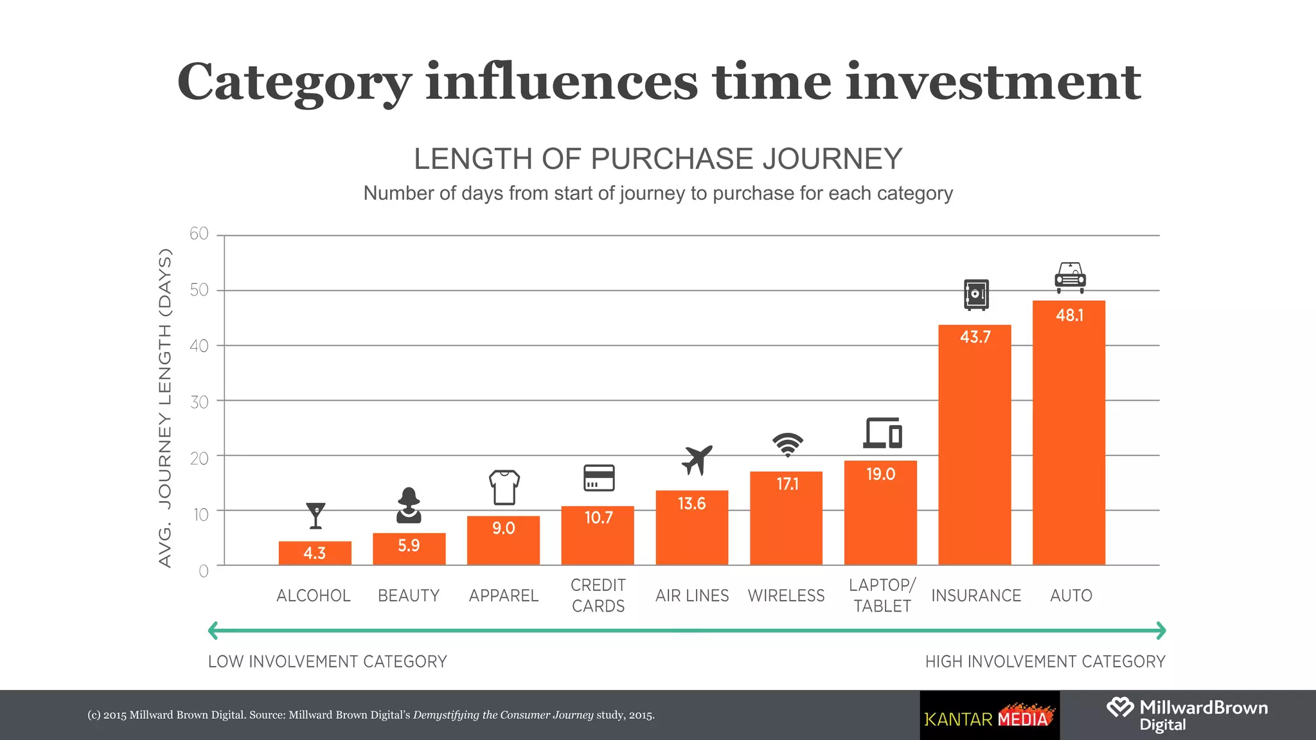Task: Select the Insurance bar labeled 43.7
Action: click(974, 450)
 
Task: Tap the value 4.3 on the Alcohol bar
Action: click(314, 553)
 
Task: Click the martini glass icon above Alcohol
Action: click(316, 515)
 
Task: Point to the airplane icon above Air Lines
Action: click(697, 459)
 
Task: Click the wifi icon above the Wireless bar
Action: click(787, 443)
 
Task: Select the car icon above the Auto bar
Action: click(1070, 277)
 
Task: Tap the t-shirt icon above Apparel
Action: click(504, 488)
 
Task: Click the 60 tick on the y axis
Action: click(199, 234)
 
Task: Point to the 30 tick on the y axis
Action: click(199, 403)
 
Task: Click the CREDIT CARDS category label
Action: click(598, 595)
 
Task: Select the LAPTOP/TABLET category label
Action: click(882, 595)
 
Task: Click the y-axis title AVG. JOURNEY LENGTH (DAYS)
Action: click(165, 408)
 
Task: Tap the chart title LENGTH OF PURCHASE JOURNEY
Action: click(658, 159)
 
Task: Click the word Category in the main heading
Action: click(294, 82)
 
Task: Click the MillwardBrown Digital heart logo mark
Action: click(1119, 708)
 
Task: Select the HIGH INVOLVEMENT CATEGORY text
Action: click(1045, 662)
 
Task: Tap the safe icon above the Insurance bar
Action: click(975, 295)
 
